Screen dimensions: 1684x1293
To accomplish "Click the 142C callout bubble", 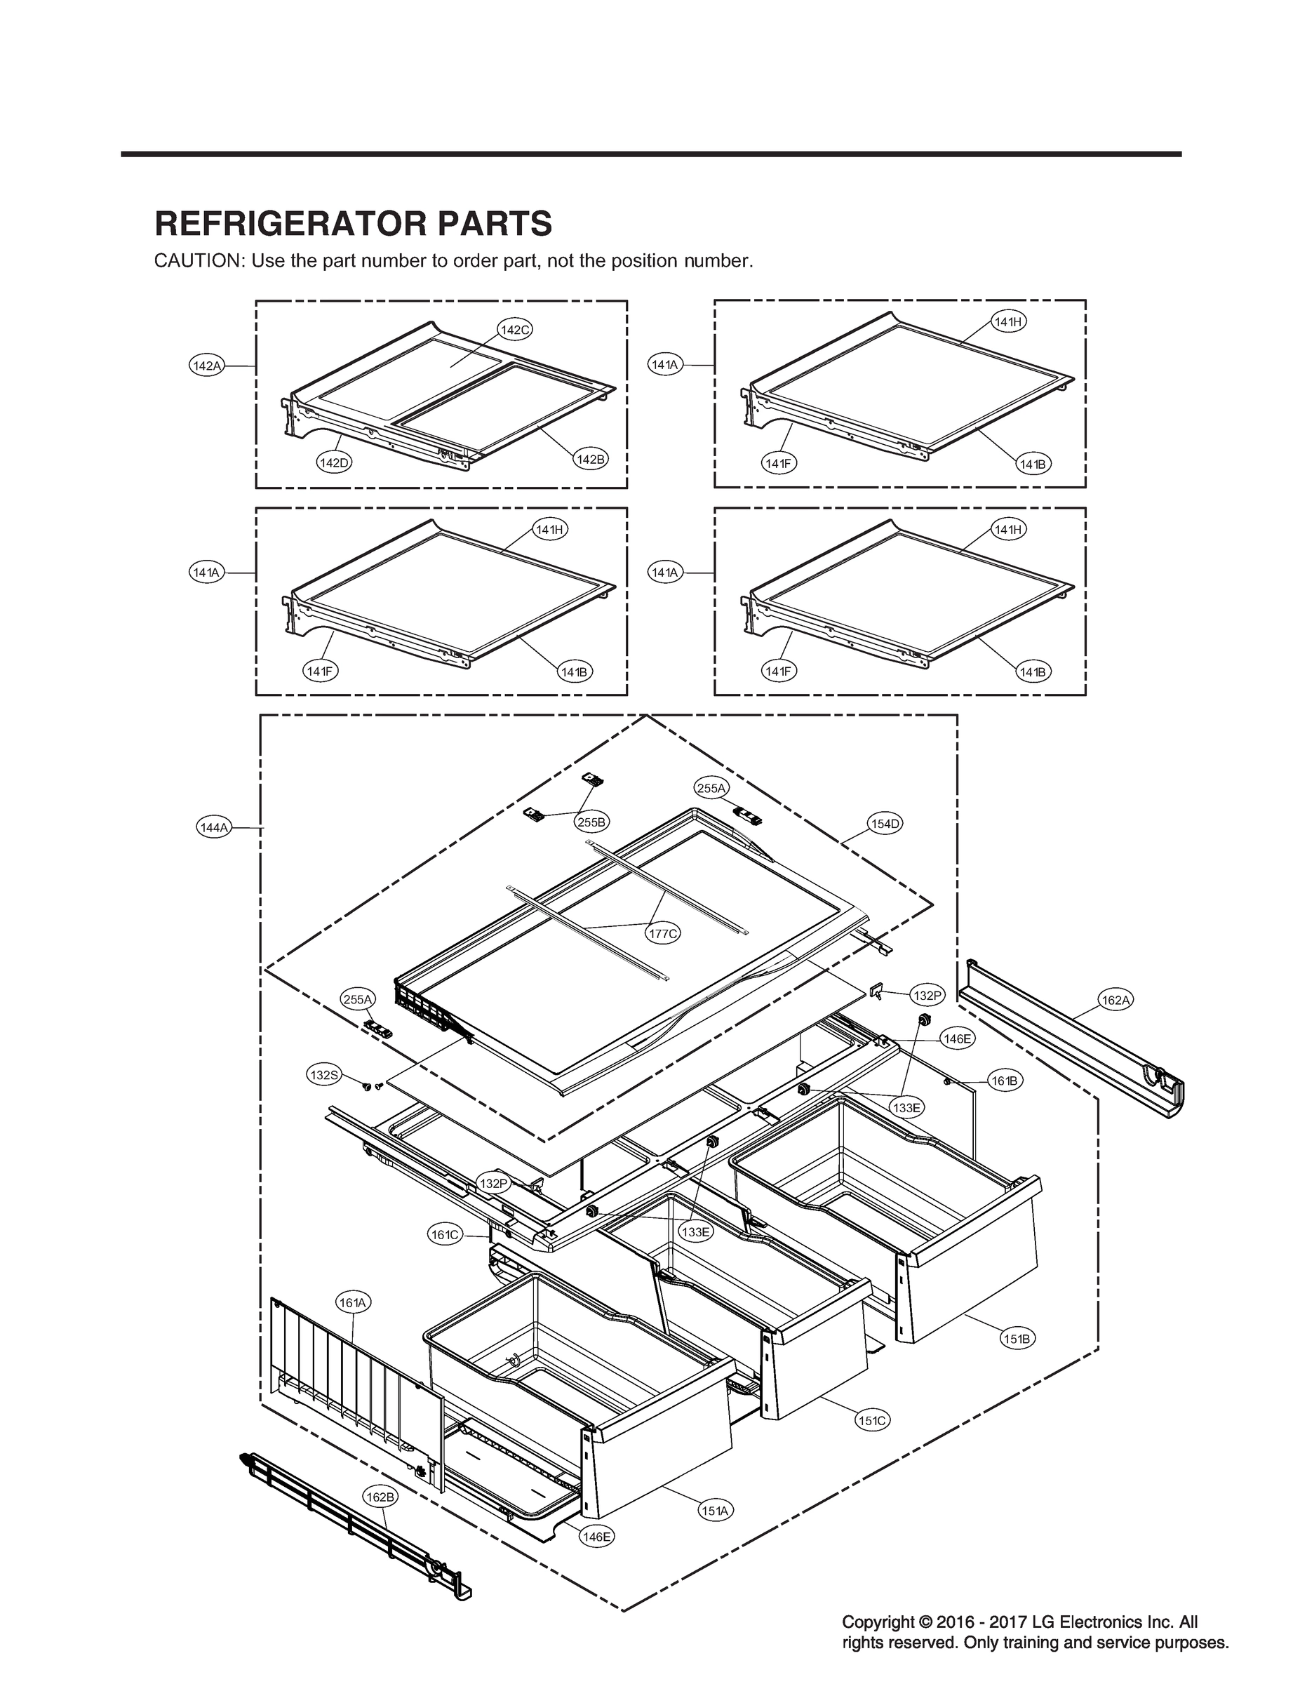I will (x=515, y=330).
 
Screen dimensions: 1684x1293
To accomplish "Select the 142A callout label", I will (x=206, y=366).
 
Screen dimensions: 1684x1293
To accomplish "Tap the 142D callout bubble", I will (x=334, y=462).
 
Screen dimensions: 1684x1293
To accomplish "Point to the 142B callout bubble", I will (x=590, y=460).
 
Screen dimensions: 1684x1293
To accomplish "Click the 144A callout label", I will (x=213, y=827).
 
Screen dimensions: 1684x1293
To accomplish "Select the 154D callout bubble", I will (x=885, y=824).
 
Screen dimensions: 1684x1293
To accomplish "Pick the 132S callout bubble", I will (x=323, y=1075).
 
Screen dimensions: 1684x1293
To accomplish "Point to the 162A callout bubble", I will (x=1116, y=1001).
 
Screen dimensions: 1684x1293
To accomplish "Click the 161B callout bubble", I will (x=1005, y=1081).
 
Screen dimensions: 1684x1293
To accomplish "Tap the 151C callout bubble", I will (x=872, y=1421).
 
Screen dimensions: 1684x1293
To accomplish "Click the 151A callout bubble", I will (x=714, y=1511).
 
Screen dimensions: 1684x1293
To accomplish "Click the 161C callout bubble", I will (x=445, y=1236).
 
